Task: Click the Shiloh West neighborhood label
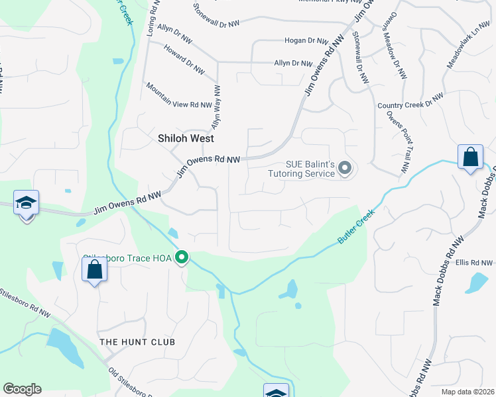tap(186, 139)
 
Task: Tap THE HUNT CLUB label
tap(137, 342)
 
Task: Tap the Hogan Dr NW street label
tap(303, 40)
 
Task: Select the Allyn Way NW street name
tap(216, 106)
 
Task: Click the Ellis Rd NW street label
tap(471, 263)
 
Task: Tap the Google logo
tap(22, 389)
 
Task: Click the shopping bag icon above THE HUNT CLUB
tap(94, 269)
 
